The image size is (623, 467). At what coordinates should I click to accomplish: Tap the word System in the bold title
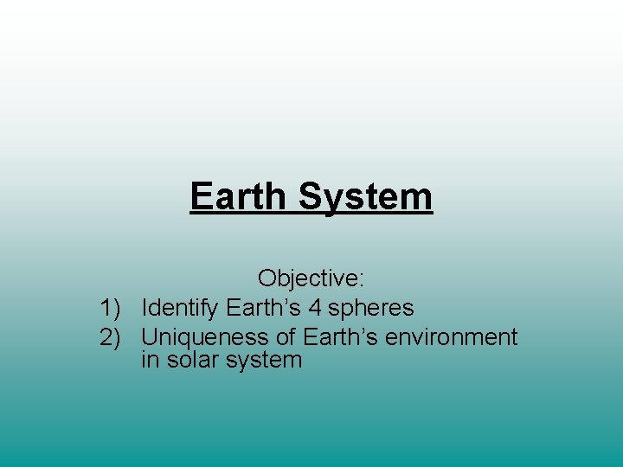tap(366, 196)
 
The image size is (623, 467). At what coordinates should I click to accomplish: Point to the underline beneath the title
tap(311, 213)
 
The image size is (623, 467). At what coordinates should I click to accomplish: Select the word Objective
tap(307, 278)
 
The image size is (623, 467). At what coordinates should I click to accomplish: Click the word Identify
tap(180, 308)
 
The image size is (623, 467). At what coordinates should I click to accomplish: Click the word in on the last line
tap(150, 360)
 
